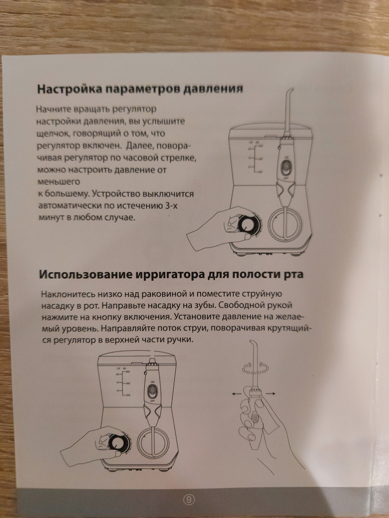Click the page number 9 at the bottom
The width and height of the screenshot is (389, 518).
click(x=189, y=499)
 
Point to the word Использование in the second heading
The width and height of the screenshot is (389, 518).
click(x=86, y=275)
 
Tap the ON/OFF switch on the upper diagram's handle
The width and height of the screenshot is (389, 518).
click(x=286, y=168)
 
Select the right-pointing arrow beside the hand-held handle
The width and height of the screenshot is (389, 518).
click(x=270, y=393)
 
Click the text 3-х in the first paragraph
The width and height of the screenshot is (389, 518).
click(x=171, y=206)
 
